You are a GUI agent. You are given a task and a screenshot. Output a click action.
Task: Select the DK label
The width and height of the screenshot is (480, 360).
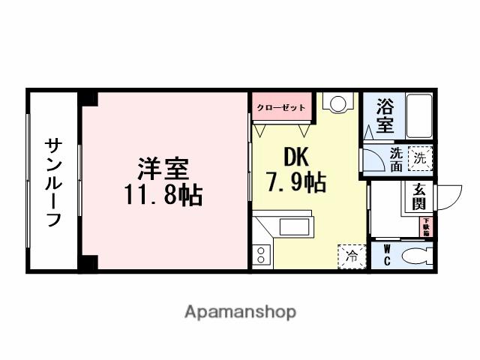[294, 156]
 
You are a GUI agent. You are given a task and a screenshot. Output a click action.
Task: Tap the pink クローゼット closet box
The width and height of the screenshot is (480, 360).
[280, 107]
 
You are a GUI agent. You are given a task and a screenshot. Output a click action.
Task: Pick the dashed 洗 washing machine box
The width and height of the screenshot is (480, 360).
[421, 158]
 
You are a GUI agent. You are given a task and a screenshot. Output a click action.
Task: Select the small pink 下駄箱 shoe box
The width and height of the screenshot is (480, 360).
[425, 226]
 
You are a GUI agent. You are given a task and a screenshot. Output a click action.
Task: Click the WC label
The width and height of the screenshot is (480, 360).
[387, 254]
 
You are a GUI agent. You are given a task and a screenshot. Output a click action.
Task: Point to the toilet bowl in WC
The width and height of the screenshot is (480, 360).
[415, 256]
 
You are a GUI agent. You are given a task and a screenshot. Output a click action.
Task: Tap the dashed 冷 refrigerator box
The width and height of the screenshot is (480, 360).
[352, 256]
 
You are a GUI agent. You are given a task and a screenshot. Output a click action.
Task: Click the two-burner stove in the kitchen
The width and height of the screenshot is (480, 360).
[261, 253]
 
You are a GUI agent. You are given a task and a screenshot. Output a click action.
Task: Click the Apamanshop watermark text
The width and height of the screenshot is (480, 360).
[240, 311]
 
